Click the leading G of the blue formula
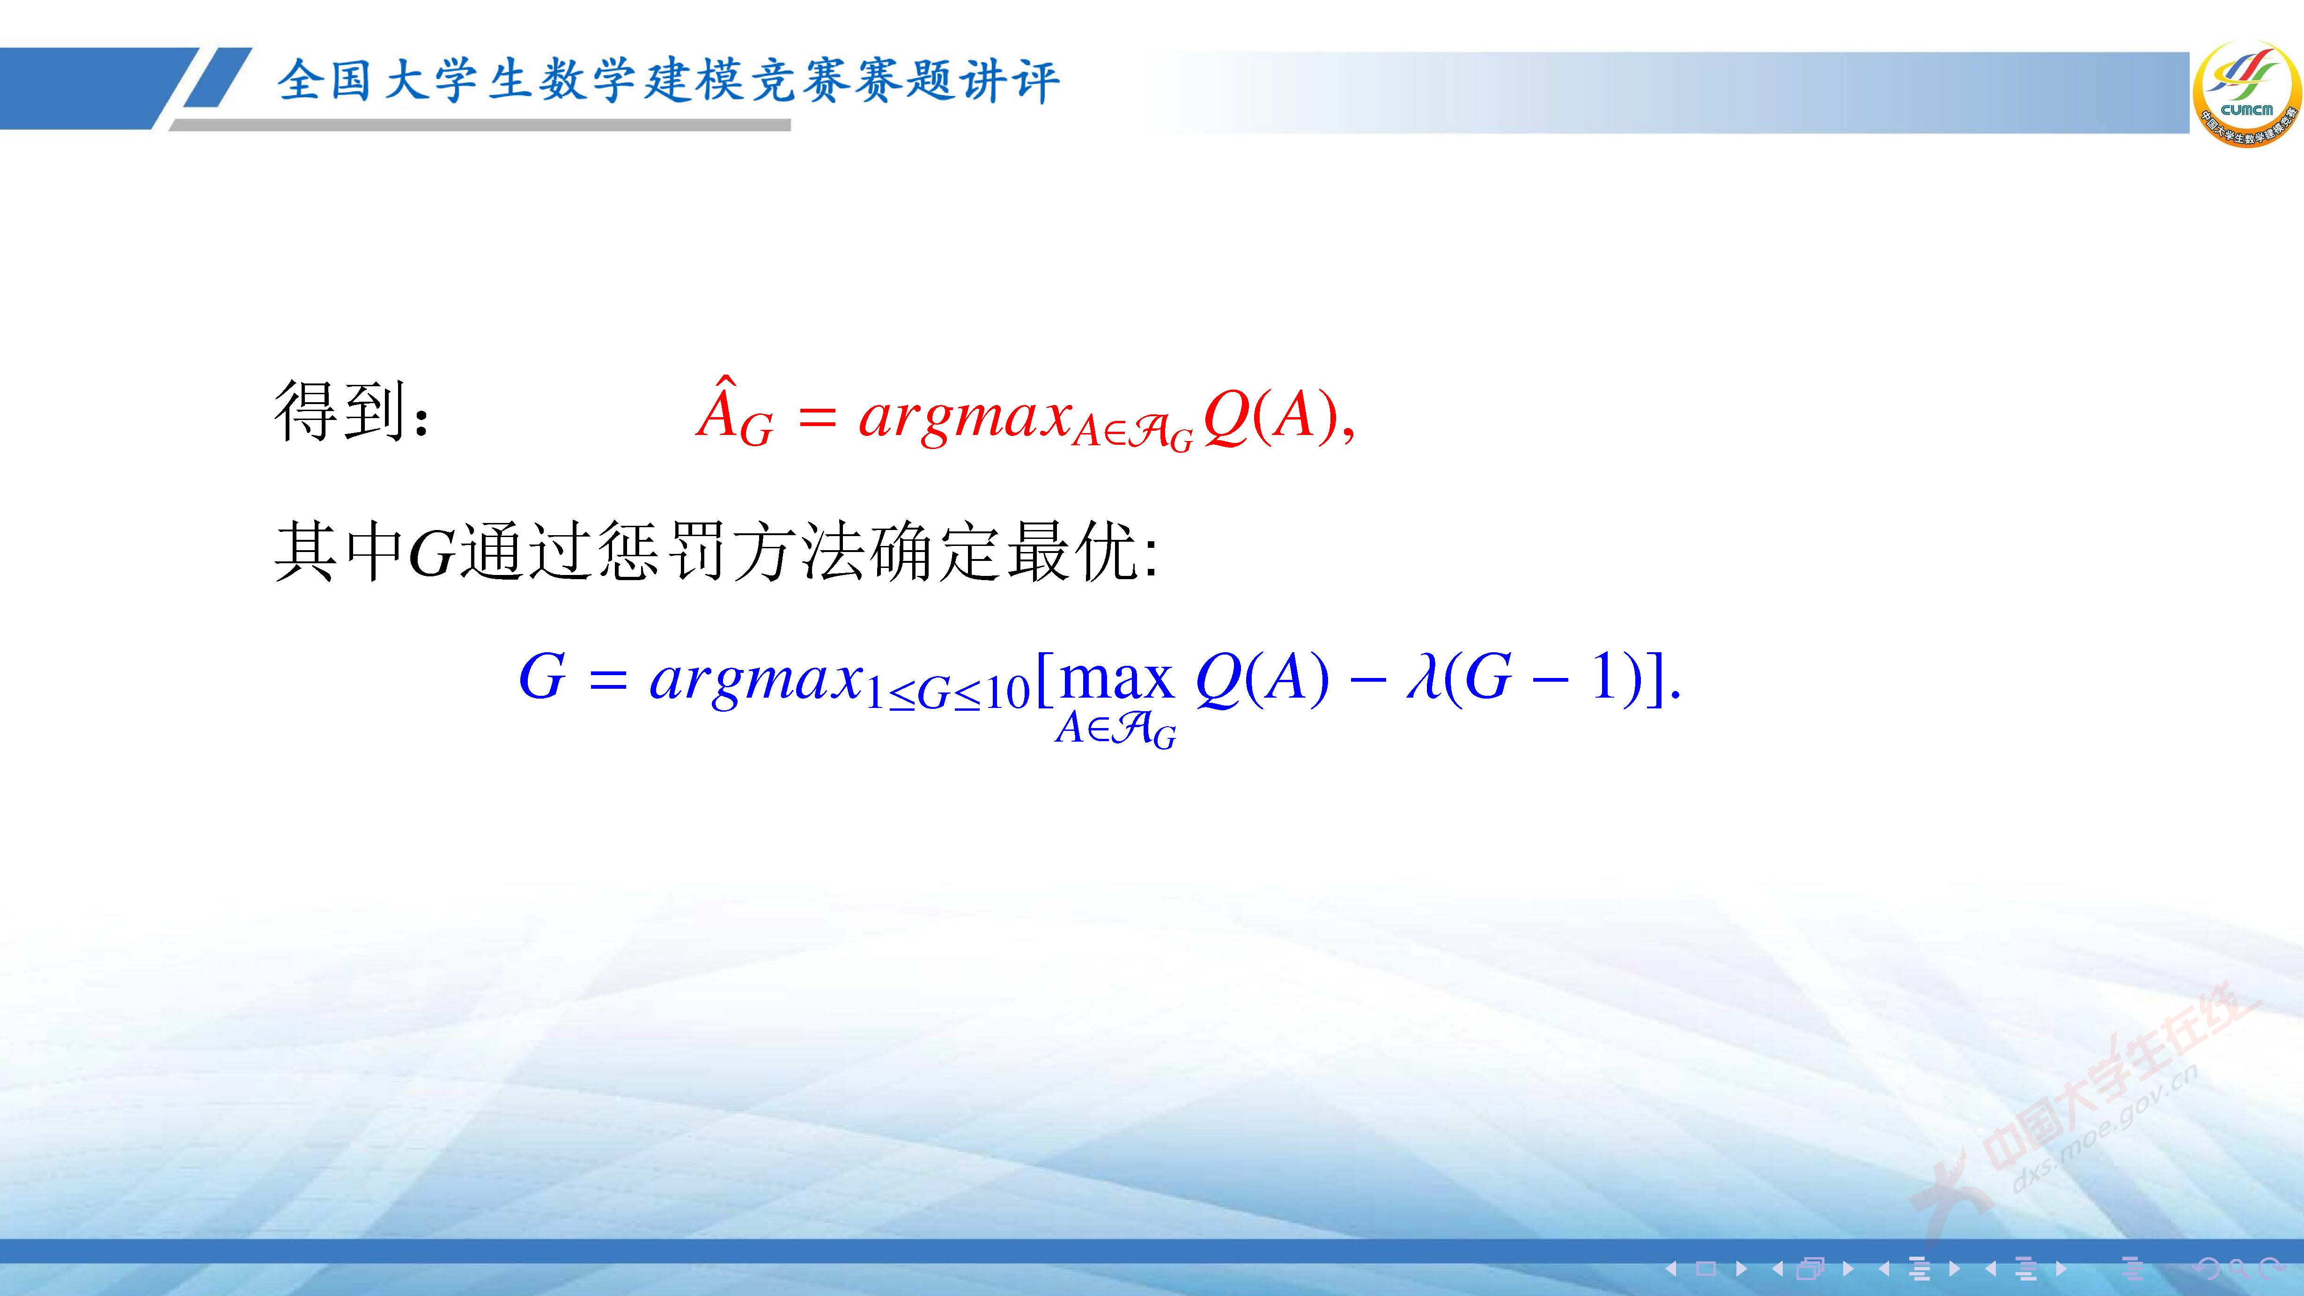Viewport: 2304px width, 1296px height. [x=542, y=677]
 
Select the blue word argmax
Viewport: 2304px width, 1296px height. [x=756, y=680]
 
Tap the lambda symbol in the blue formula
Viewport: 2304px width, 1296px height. [x=1422, y=677]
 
